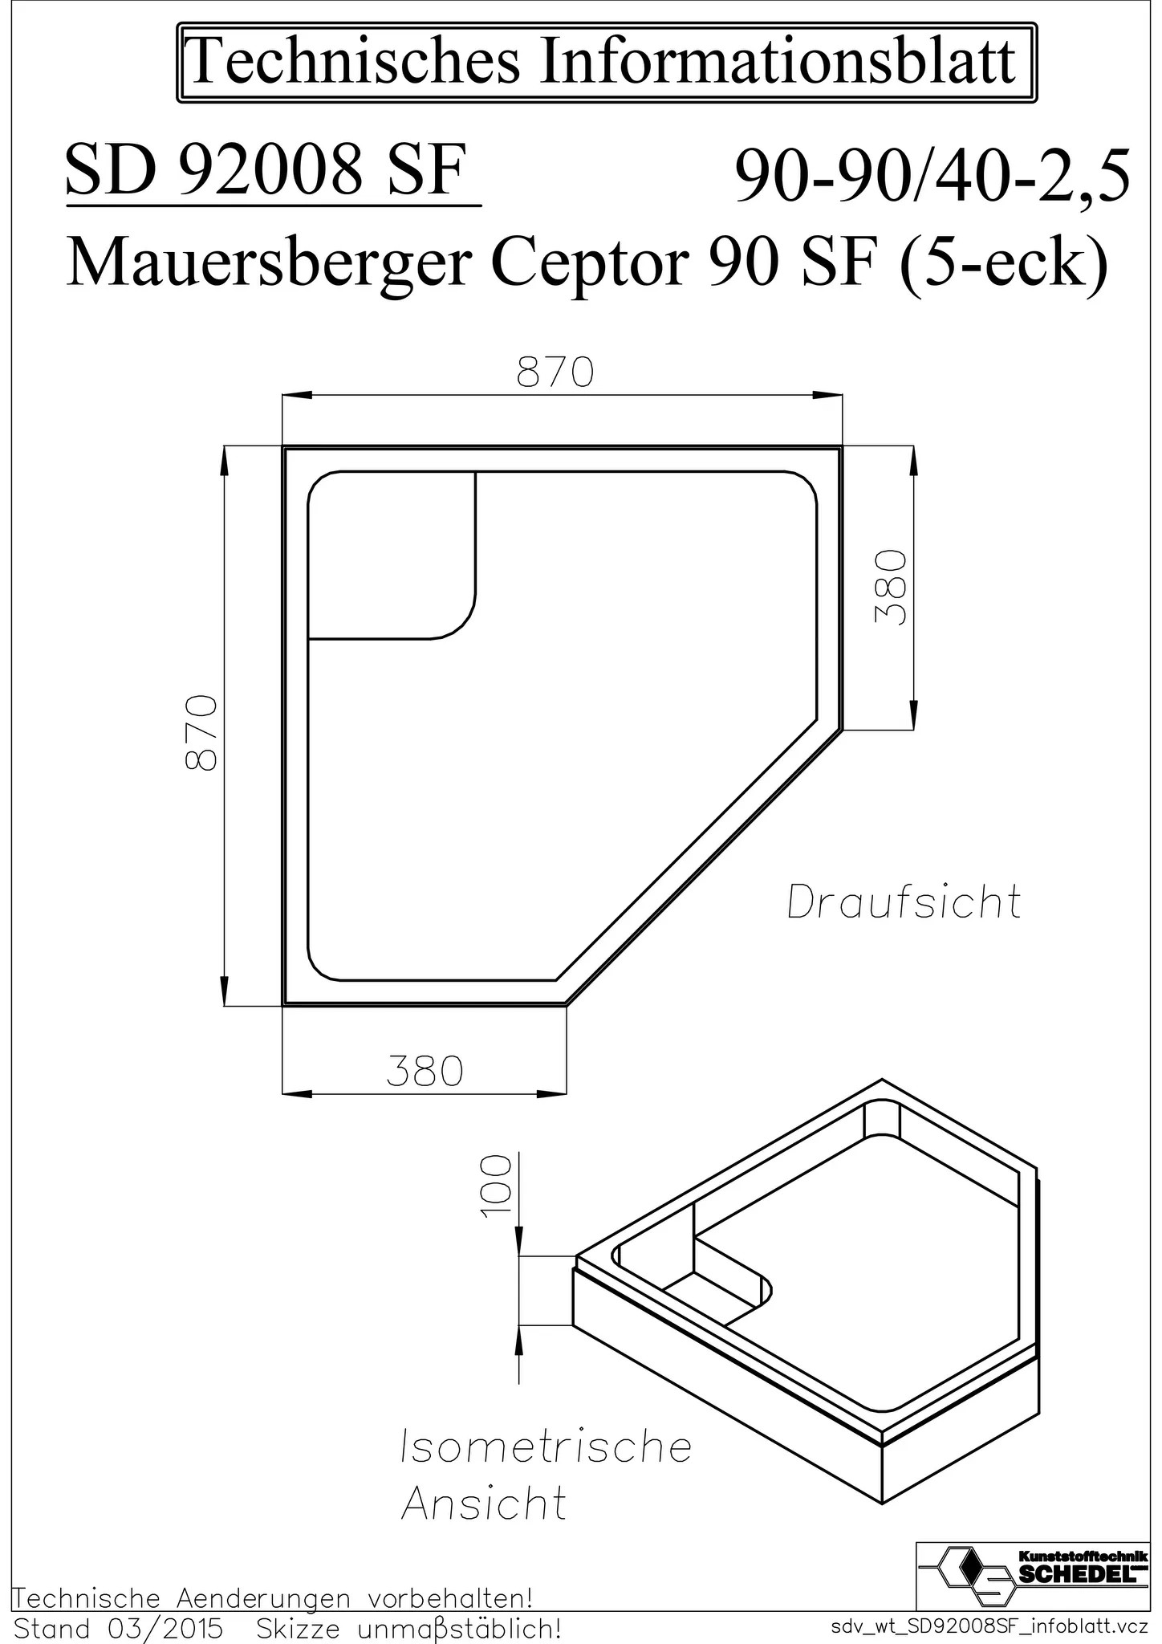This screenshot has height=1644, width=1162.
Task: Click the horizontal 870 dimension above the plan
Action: (x=555, y=374)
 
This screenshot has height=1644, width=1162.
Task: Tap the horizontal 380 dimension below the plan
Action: (x=425, y=1072)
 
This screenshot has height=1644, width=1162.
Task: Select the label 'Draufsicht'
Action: (x=904, y=902)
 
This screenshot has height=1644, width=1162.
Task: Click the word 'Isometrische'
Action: (x=546, y=1447)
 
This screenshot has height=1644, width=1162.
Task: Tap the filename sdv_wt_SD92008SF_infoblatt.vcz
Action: (x=992, y=1627)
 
